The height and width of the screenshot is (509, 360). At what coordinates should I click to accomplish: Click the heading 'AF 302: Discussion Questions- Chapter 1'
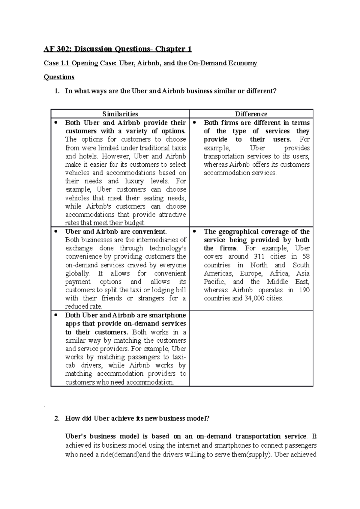118,49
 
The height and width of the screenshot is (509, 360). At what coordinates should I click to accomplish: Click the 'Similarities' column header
120,114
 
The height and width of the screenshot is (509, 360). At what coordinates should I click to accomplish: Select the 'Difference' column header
251,114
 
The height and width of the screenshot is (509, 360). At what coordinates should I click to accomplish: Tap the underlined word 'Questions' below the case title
59,77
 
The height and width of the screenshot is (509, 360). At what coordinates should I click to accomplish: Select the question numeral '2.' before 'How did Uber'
57,418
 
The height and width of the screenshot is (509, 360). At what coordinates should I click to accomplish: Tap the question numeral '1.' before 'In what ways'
57,91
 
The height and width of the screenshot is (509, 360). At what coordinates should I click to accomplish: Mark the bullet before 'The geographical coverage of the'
194,231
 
